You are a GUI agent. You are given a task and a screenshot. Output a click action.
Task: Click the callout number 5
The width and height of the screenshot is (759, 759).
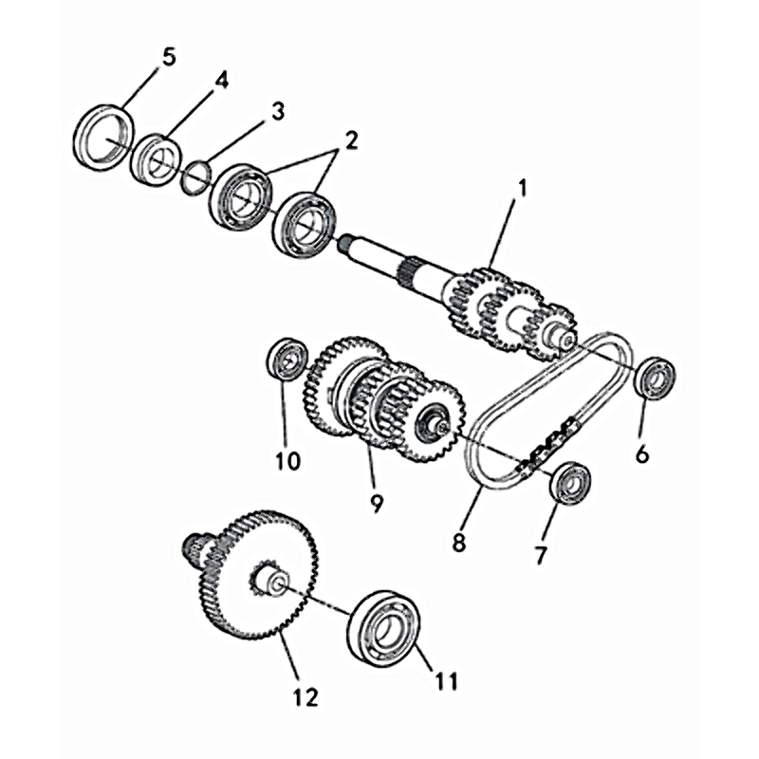coord(169,58)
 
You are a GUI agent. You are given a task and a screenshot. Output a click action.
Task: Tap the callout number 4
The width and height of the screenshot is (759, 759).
coord(221,81)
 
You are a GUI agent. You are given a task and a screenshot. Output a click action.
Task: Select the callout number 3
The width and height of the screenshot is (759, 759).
coord(277,111)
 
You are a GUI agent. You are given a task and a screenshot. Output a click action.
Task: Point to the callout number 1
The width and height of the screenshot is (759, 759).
coord(522,189)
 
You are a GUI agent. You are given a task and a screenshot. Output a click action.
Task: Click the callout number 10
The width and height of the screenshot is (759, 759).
coord(288,460)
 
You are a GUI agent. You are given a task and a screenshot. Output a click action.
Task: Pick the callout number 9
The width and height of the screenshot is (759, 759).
coord(376,503)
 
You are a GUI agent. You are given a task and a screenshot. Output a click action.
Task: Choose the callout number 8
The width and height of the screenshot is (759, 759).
coord(458,543)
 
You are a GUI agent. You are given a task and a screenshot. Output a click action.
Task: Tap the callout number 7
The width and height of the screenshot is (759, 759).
coord(540,555)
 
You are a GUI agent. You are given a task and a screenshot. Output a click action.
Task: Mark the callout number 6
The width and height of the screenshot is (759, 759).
coord(642,454)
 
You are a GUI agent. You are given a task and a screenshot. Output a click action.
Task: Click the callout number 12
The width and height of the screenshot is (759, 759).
coord(305,697)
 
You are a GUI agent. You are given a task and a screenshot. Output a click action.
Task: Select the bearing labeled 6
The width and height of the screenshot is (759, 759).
coord(655,378)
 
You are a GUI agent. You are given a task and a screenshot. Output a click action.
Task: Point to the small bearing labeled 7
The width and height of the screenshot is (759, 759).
coord(571,483)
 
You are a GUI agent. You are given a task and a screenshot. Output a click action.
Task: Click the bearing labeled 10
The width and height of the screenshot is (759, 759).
coord(287,360)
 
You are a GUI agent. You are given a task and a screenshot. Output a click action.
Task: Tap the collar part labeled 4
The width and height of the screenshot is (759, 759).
coord(156,159)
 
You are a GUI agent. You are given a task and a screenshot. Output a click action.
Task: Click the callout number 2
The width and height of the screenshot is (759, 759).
coord(350,140)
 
